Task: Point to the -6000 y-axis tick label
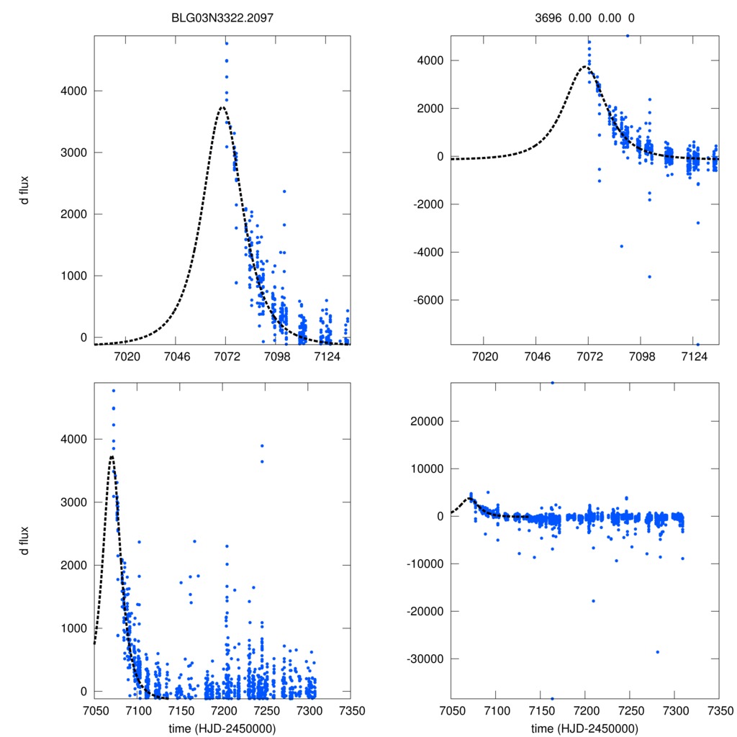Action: point(428,300)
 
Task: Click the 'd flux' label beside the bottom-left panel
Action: point(24,541)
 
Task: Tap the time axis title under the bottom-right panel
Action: point(584,728)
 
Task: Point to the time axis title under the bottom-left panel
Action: point(222,728)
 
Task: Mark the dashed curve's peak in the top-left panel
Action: point(222,107)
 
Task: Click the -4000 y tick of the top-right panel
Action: point(428,252)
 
